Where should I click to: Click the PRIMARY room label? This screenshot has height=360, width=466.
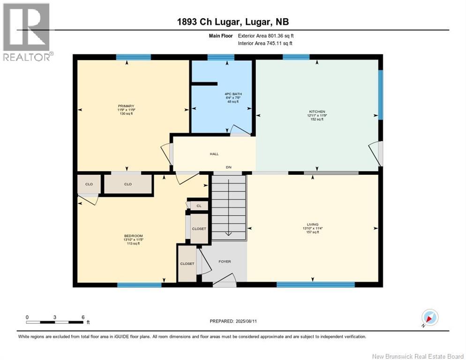coord(126,106)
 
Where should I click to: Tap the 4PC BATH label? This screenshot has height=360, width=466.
coord(233,94)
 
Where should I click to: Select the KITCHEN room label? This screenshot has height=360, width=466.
coord(316,112)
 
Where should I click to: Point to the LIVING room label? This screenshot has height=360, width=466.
coord(310,224)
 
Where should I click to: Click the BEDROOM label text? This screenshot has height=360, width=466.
coord(133,236)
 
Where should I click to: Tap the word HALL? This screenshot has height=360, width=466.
coord(214,154)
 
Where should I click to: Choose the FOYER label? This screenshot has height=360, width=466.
coord(225,262)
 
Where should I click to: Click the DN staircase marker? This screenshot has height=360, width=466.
coord(229,167)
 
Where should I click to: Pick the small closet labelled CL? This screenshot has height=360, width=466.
coord(199,205)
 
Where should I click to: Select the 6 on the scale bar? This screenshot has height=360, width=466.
coord(83,317)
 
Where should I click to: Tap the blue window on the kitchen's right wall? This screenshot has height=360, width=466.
coord(381,95)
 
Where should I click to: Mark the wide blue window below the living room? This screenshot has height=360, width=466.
coord(315,285)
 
